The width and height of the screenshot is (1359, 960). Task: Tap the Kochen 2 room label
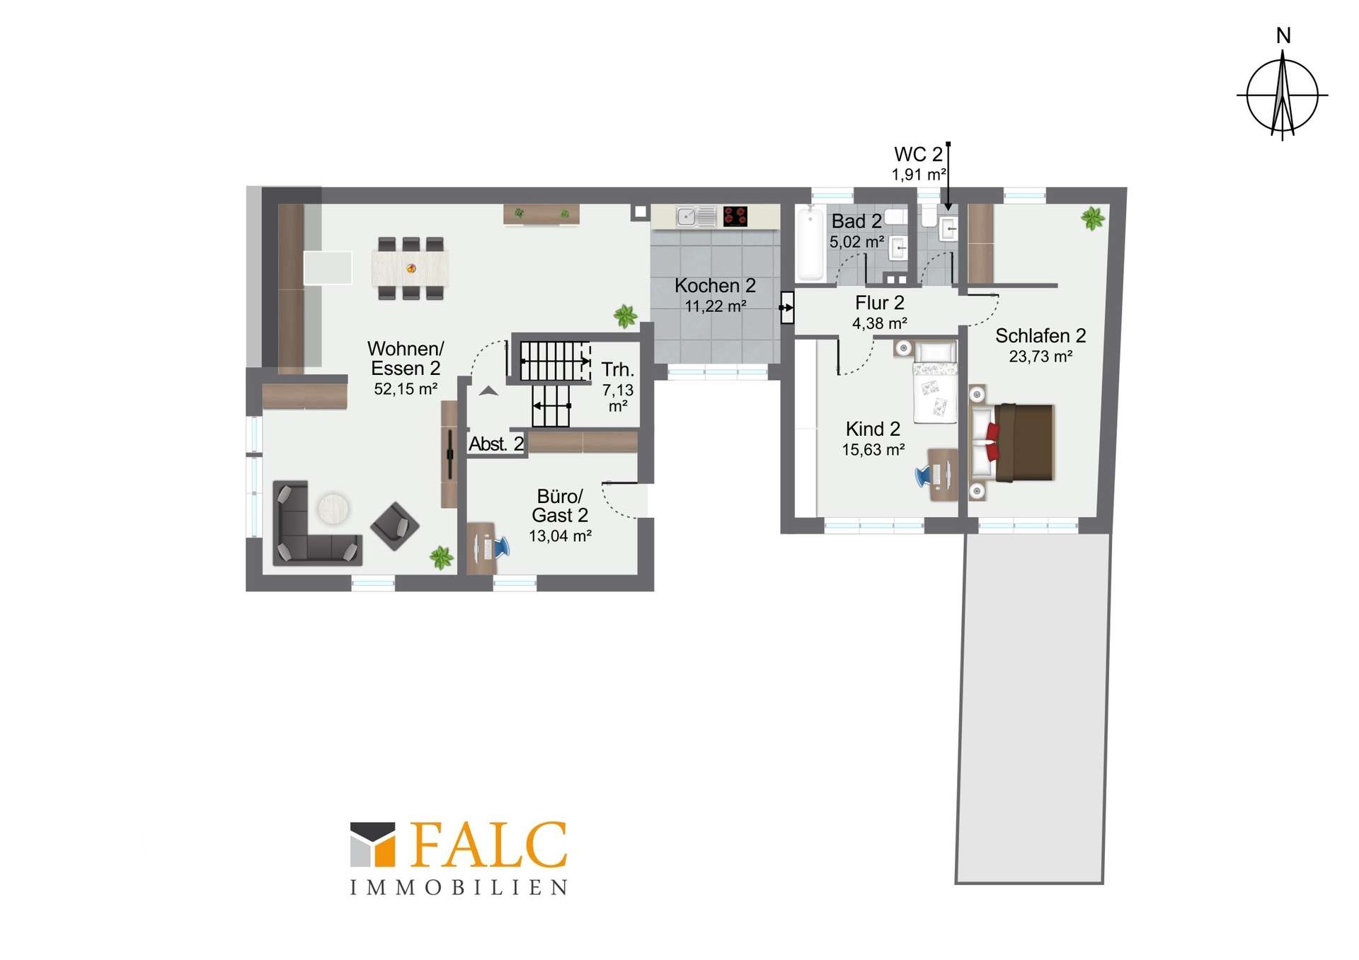point(715,286)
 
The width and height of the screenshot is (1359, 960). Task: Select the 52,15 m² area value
point(406,388)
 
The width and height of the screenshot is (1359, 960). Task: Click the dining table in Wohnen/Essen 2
point(411,269)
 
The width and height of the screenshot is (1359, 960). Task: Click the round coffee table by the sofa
point(333,508)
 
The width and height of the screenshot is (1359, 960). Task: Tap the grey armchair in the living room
point(395,526)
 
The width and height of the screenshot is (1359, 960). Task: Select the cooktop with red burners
point(735,216)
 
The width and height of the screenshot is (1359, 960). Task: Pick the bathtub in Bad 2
point(810,243)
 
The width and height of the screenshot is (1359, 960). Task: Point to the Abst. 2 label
point(496,444)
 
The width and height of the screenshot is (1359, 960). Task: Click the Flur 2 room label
point(879,303)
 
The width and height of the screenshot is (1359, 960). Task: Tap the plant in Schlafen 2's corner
point(1092,218)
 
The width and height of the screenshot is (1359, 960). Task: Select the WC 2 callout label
point(918,154)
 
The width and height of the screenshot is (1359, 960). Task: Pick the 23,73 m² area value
point(1040,357)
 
